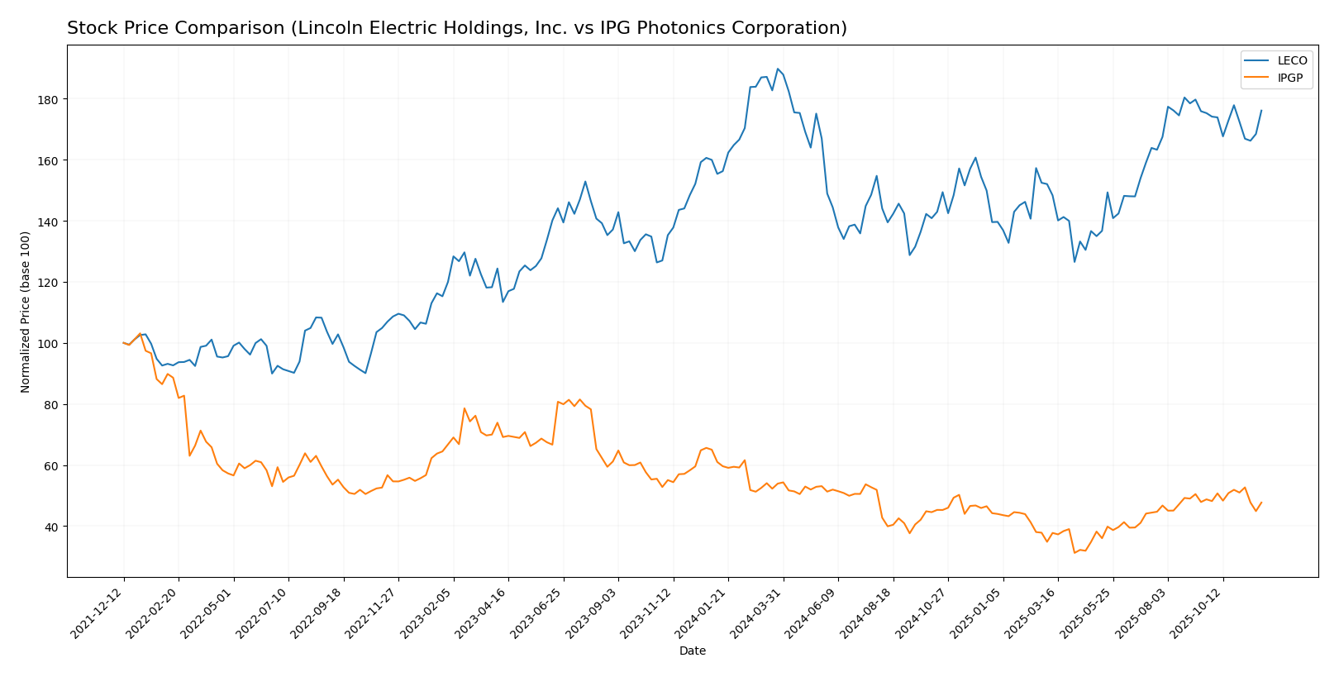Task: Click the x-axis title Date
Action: tap(692, 651)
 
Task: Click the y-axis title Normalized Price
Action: tap(26, 312)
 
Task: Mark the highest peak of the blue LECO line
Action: tap(778, 69)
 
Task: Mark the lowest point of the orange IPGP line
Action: tap(1075, 552)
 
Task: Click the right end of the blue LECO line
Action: tap(1261, 110)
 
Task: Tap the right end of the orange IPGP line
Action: tap(1261, 502)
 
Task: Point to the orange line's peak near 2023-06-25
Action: tap(579, 399)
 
